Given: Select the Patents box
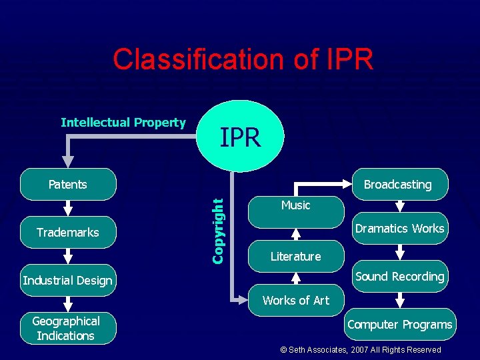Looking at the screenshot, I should (x=68, y=185).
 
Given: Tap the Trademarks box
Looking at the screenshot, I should (x=68, y=233).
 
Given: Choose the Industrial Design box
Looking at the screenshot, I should (x=67, y=281).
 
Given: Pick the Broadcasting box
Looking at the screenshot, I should (x=399, y=185).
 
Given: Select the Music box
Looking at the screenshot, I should (x=296, y=205).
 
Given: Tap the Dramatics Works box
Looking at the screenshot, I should (x=399, y=229).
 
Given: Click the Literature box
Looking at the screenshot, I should (x=296, y=257).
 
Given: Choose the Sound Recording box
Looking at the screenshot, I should (x=399, y=277).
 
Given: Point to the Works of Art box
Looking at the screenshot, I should (x=296, y=301).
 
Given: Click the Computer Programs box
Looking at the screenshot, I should (x=399, y=325).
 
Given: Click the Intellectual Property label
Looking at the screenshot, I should (x=123, y=123).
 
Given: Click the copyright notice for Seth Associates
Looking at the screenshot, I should (x=360, y=350).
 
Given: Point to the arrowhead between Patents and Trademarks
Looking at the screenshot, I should (x=68, y=209).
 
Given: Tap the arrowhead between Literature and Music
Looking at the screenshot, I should (x=296, y=233).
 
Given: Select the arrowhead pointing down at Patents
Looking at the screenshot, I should (x=68, y=161).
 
